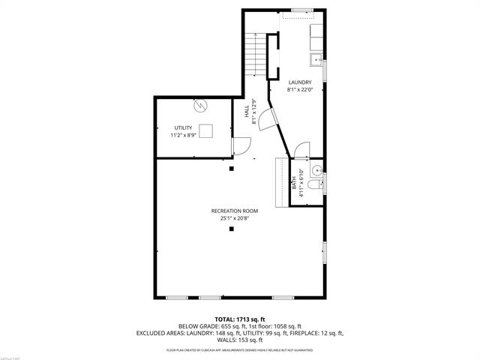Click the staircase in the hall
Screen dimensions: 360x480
(x=257, y=55)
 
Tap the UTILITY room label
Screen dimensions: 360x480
(x=183, y=127)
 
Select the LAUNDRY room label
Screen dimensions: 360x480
(x=300, y=82)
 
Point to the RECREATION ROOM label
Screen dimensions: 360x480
(x=235, y=211)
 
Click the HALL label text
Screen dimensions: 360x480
(x=247, y=110)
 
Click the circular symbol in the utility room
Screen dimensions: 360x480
(x=200, y=106)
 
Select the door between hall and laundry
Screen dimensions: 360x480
(x=268, y=118)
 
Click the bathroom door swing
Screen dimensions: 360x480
(x=301, y=150)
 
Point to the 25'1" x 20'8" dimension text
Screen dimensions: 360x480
(x=235, y=219)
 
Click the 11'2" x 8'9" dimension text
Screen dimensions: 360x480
(x=183, y=135)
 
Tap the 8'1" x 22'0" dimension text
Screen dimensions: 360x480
(x=300, y=90)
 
